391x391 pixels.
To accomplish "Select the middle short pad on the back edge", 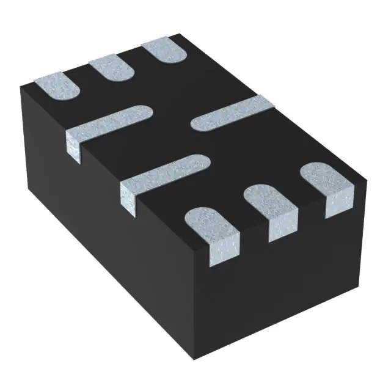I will (111, 68).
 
